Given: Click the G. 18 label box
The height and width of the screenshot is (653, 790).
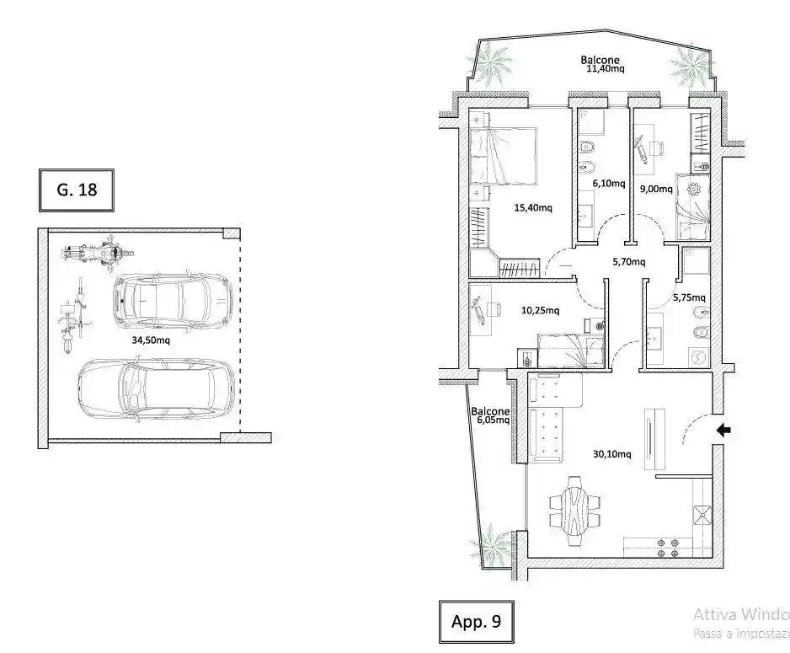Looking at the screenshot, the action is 77,190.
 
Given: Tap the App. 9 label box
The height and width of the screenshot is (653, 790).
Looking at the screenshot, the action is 476,621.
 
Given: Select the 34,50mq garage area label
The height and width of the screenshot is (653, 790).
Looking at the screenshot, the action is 151,340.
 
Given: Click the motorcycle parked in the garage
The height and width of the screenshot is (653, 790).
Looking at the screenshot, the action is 99,253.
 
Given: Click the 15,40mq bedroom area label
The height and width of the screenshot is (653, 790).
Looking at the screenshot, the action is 533,207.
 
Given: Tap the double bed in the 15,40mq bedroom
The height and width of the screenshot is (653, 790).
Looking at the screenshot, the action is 503,155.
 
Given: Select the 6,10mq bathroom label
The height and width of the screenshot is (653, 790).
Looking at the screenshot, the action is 609,184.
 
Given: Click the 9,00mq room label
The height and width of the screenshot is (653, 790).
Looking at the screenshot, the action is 656,189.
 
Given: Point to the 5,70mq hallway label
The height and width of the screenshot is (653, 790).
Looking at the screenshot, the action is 629,261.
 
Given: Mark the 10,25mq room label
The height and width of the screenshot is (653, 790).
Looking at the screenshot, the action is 540,310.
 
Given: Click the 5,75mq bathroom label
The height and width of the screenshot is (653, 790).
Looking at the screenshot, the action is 689,297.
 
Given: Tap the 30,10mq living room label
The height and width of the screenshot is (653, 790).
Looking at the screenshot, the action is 611,454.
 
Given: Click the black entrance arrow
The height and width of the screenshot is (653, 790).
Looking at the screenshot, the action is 723,430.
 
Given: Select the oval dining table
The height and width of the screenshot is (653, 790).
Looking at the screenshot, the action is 574,510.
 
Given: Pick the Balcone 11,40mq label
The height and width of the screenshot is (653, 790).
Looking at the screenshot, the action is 602,64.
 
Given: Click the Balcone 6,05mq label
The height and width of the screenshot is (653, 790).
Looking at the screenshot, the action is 490,415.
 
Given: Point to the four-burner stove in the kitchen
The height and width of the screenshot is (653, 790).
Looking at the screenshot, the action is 668,549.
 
